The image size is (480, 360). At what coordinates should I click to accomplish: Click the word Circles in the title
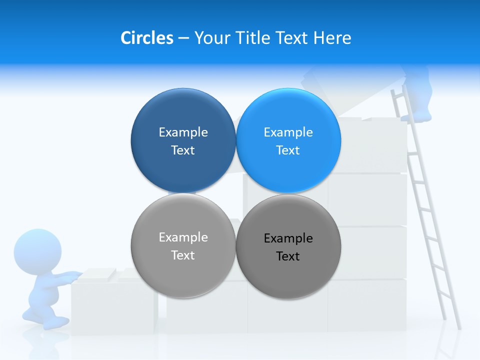coord(146,38)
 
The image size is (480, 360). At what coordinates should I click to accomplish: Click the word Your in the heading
coord(213,38)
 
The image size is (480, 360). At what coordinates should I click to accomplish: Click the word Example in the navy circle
coord(183,132)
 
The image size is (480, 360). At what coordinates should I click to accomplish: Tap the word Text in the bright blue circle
coord(288,150)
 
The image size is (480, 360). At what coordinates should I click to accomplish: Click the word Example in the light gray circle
coord(183,237)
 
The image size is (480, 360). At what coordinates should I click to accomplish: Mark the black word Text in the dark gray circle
coord(288,256)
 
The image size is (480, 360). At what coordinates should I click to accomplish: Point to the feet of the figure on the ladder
coord(416,117)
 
